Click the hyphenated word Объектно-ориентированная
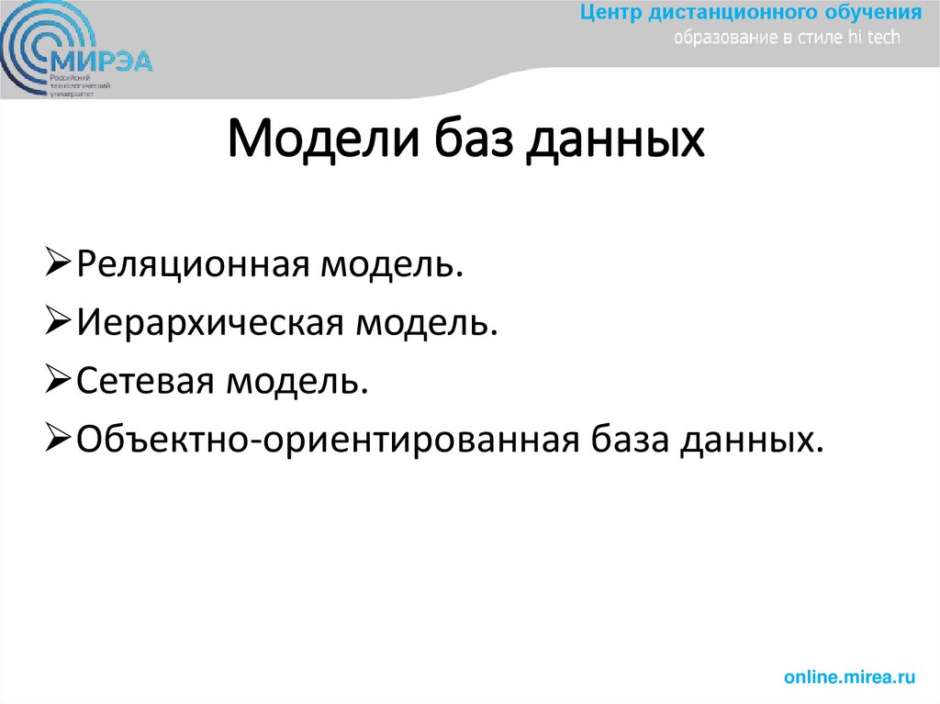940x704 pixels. pyautogui.click(x=326, y=439)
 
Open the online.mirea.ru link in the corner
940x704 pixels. pyautogui.click(x=850, y=676)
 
